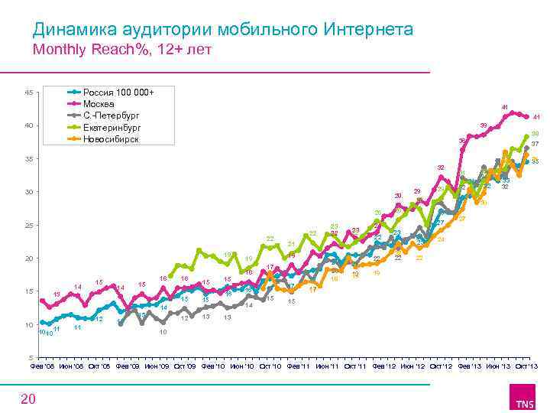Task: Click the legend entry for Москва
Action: coord(99,104)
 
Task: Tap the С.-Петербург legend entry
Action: coord(111,115)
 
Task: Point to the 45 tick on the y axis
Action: coord(28,93)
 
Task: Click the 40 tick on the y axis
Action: coord(28,125)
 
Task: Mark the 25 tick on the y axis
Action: coord(28,226)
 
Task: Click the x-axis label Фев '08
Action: coord(43,367)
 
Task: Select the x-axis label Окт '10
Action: coord(270,367)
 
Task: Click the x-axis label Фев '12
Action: coord(383,367)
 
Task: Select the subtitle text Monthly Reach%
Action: coord(80,50)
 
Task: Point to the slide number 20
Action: coord(27,398)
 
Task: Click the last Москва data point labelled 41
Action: coord(526,116)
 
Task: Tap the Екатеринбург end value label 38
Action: coord(535,135)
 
